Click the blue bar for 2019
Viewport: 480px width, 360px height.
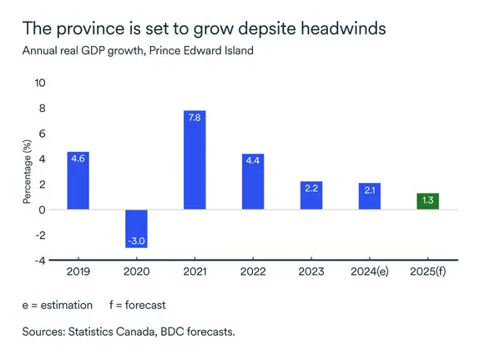(x=78, y=180)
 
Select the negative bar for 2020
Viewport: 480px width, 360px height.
(x=136, y=228)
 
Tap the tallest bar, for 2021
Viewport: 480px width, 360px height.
(x=195, y=160)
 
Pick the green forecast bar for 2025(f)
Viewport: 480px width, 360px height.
(x=428, y=201)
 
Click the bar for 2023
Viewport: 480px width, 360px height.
(x=311, y=195)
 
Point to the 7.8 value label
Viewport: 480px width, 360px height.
(x=195, y=119)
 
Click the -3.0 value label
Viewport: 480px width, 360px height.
(x=136, y=241)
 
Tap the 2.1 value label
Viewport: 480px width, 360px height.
(x=370, y=190)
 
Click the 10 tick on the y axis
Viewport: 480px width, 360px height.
(x=39, y=83)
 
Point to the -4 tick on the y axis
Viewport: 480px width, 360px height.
(x=39, y=260)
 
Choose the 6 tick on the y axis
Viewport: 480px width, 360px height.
(x=42, y=134)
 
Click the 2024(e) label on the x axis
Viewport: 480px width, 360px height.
(x=370, y=273)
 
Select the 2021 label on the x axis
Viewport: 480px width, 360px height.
(x=195, y=273)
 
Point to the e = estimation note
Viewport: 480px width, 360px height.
(x=58, y=305)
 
